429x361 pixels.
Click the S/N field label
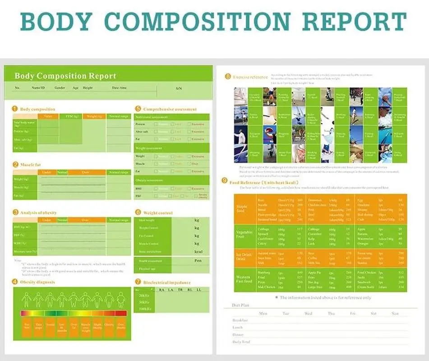(x=179, y=88)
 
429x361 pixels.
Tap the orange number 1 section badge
(x=15, y=109)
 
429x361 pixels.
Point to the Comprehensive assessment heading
(x=170, y=109)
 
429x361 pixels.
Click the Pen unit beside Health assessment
(x=197, y=261)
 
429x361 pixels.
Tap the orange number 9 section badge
(x=225, y=181)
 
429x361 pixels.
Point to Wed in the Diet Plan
(x=309, y=313)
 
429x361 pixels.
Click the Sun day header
(x=395, y=313)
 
